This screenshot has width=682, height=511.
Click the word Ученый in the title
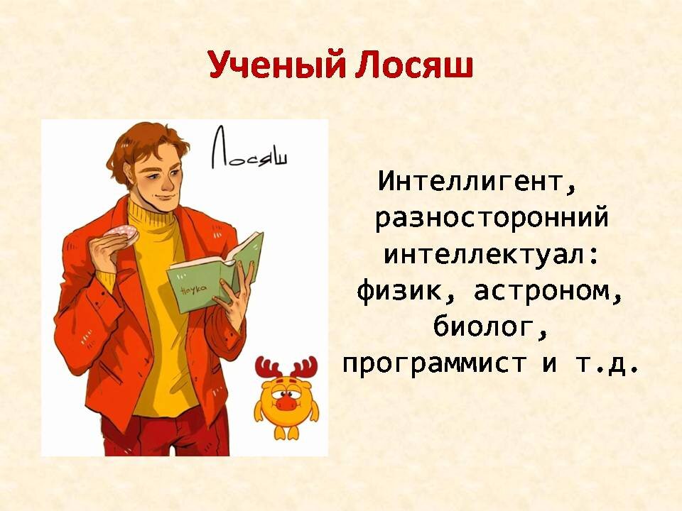tap(277, 65)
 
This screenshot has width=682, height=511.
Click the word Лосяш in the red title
tap(414, 65)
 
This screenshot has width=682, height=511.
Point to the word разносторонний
tap(491, 218)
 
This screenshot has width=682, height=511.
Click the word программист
tap(435, 364)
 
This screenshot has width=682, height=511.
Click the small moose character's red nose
tap(286, 402)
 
